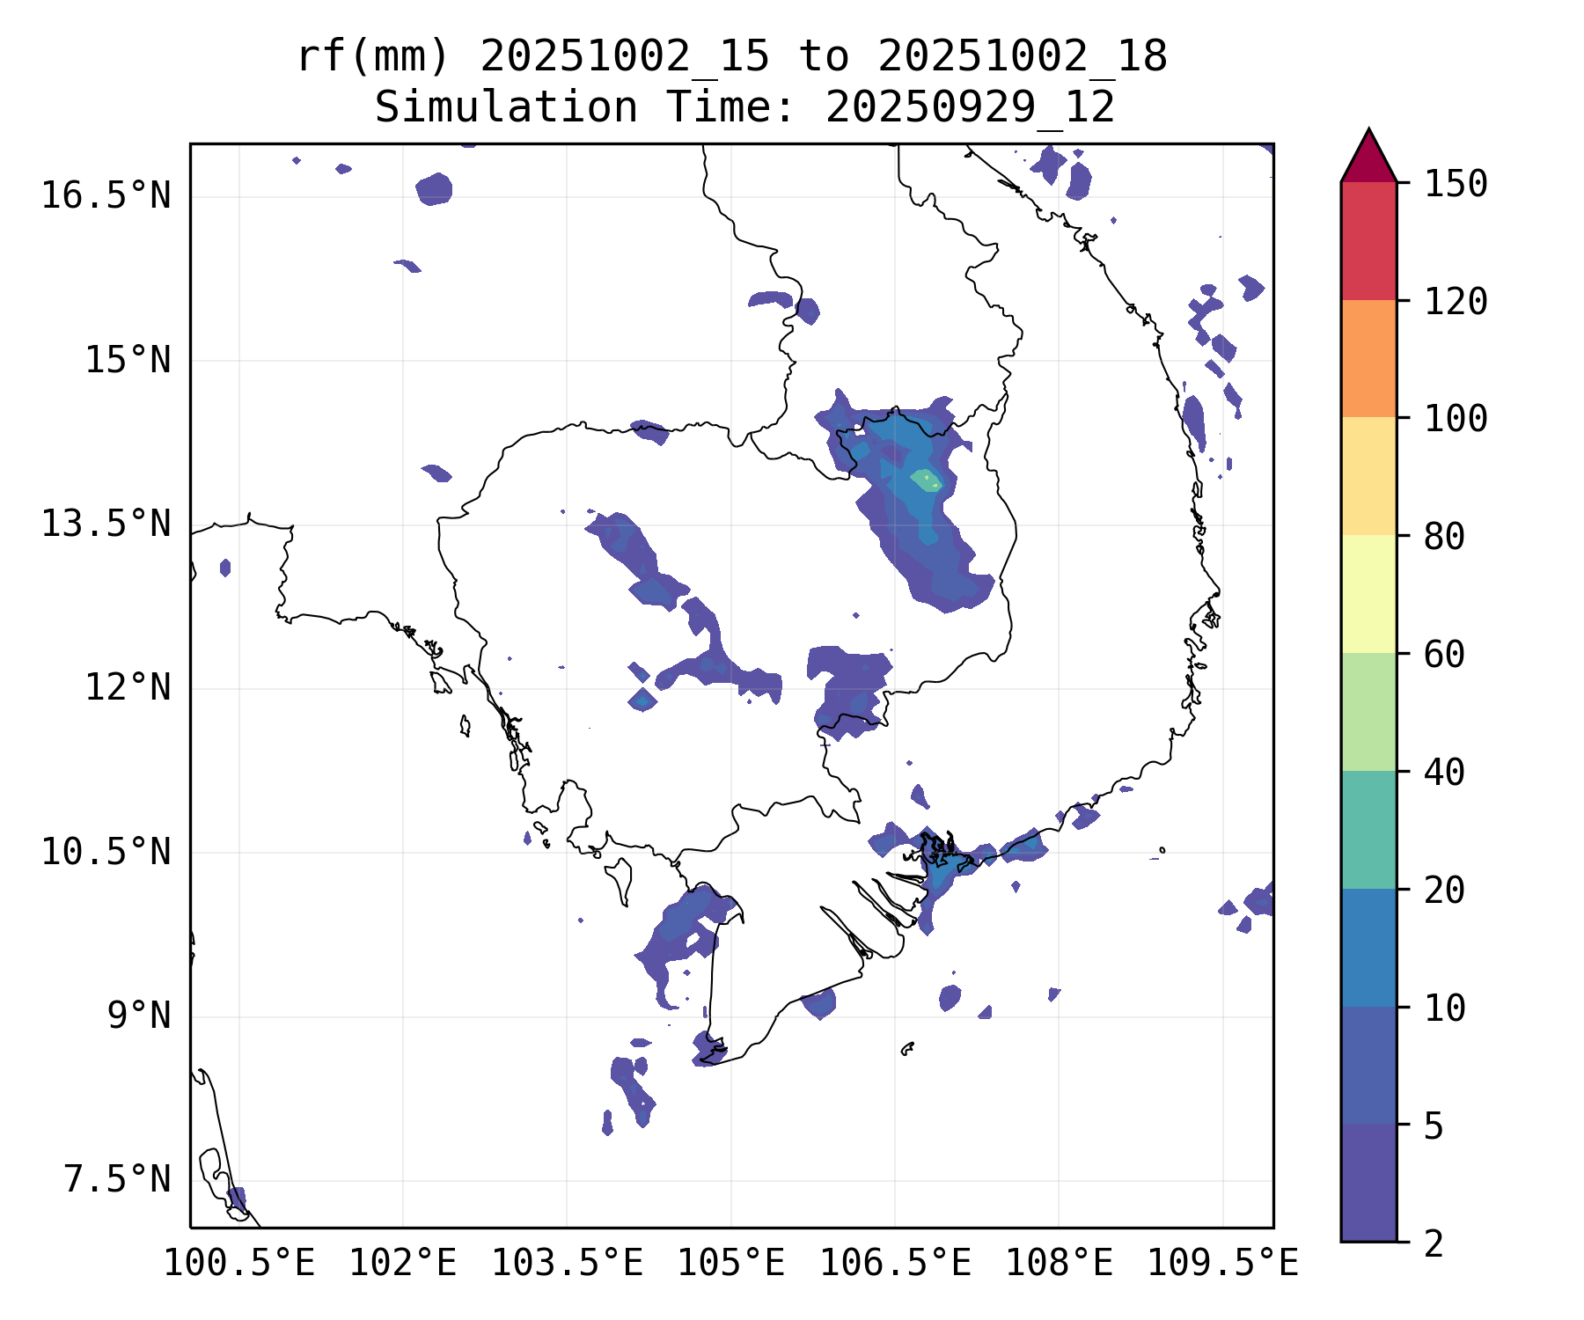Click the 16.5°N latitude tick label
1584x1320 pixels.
[x=106, y=195]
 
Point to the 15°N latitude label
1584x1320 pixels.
[x=128, y=360]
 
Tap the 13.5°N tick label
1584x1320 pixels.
[x=106, y=524]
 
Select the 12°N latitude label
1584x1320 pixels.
[x=128, y=687]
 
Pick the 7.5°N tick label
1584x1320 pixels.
[x=117, y=1179]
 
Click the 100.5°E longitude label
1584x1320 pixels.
[x=239, y=1264]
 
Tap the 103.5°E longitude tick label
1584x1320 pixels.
[x=567, y=1264]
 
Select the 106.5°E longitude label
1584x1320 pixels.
[x=895, y=1264]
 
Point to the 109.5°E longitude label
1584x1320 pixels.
[x=1222, y=1264]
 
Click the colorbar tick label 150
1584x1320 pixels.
[x=1456, y=185]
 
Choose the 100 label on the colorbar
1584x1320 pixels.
[x=1456, y=419]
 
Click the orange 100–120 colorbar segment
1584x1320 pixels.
[x=1368, y=358]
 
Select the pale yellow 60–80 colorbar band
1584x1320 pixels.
[x=1368, y=593]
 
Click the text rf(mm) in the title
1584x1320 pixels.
[x=373, y=57]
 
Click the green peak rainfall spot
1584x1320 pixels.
[x=926, y=480]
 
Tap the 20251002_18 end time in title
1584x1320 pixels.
[x=1023, y=57]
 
